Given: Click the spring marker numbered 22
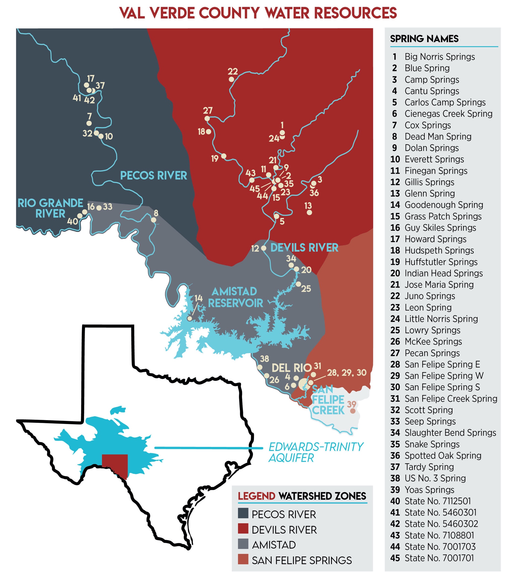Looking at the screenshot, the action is click(x=231, y=80).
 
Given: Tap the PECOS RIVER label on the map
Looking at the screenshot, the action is click(x=153, y=176).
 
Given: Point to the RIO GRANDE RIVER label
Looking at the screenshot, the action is click(x=50, y=208).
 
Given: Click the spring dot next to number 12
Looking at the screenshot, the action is click(x=264, y=248).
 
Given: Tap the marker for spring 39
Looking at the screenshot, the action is click(x=353, y=411).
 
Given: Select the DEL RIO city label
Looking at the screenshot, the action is click(x=291, y=368).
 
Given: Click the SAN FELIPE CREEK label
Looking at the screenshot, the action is click(x=328, y=400).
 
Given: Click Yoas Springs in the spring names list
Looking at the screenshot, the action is click(x=429, y=490).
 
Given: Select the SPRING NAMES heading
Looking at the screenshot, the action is click(x=424, y=39).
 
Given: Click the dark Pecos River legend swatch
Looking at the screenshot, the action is click(x=243, y=513).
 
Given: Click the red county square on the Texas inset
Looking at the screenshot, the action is click(x=115, y=465).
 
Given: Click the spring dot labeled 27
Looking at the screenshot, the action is click(x=207, y=118).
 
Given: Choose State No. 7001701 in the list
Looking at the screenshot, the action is click(x=439, y=558).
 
